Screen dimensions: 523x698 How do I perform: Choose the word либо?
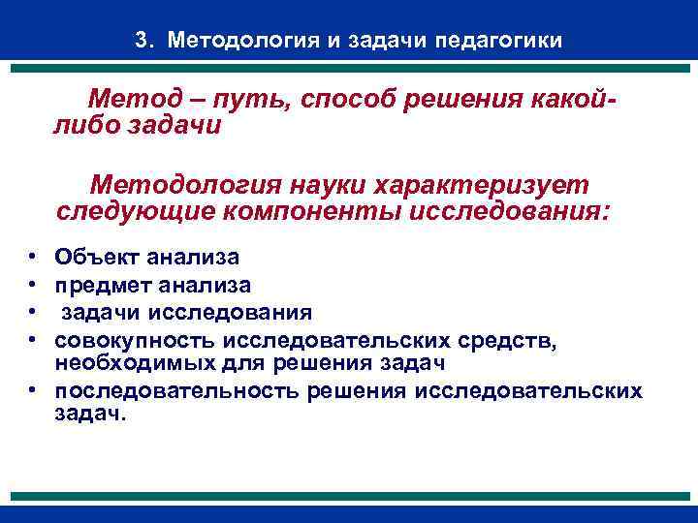click(85, 126)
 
